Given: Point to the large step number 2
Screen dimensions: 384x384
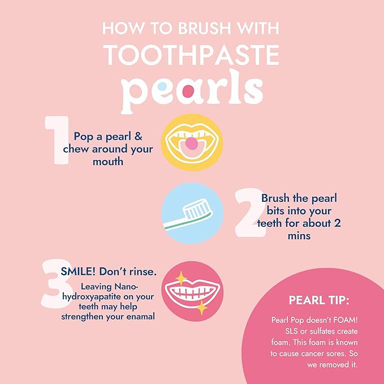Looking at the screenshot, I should [247, 212].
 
